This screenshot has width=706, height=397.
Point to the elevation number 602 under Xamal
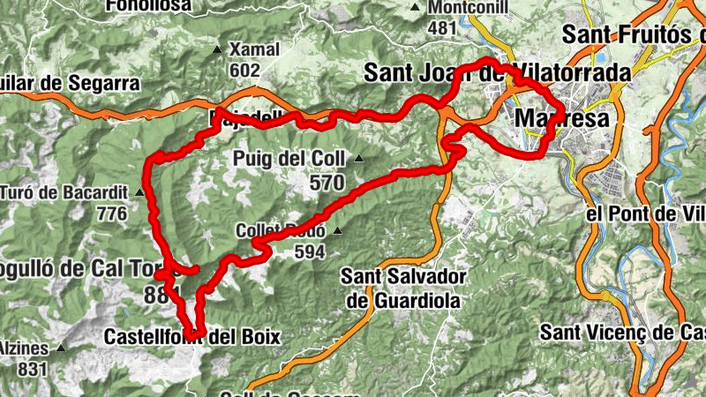click(x=244, y=70)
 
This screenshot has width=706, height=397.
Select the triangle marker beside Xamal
click(x=218, y=49)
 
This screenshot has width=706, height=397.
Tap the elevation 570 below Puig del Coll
click(x=326, y=182)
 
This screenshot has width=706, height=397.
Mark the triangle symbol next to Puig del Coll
click(x=359, y=159)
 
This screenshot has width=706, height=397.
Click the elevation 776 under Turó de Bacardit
click(x=112, y=213)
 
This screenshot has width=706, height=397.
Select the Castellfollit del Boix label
click(x=192, y=336)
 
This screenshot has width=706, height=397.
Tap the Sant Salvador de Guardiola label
click(x=403, y=288)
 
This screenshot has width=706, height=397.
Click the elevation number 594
click(x=309, y=251)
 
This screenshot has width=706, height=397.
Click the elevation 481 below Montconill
click(x=441, y=28)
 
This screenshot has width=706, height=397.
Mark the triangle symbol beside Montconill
click(x=416, y=8)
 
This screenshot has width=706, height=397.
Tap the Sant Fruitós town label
click(x=633, y=36)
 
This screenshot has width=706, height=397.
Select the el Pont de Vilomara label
click(x=645, y=214)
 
